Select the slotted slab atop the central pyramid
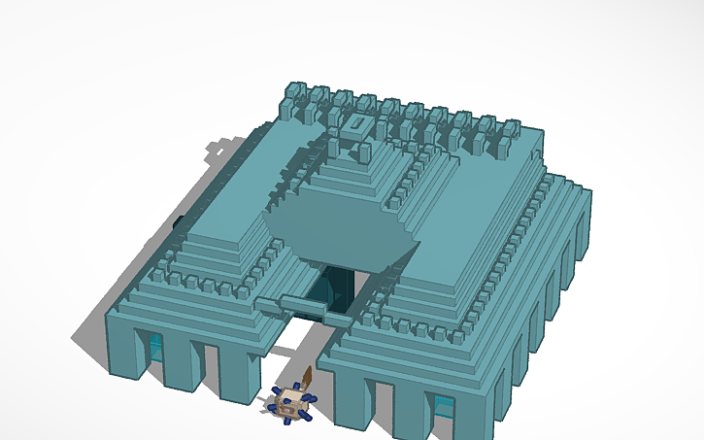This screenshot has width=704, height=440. (x=354, y=126)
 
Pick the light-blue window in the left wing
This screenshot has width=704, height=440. (x=155, y=346)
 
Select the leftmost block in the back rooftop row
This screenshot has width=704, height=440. (x=294, y=95)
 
